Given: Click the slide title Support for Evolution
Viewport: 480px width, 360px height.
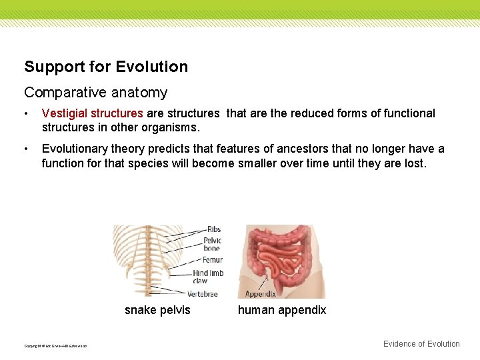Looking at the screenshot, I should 106,67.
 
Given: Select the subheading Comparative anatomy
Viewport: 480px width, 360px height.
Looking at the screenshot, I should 95,93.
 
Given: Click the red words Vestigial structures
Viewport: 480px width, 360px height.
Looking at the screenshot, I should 92,113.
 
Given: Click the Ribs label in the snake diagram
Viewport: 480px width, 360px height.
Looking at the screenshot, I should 213,230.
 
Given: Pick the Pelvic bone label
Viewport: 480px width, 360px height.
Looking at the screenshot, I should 212,244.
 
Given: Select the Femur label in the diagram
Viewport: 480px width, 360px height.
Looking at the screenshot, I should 212,260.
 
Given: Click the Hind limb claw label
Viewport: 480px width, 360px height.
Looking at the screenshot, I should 208,277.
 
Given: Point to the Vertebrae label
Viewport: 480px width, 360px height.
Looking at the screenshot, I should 203,293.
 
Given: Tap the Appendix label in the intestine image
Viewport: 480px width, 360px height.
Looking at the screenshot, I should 261,293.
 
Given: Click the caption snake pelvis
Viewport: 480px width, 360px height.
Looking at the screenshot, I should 157,310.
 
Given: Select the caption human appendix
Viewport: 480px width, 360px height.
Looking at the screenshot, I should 282,310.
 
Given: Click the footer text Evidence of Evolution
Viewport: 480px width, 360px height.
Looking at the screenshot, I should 421,344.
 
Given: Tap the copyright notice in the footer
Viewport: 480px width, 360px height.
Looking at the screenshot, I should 55,345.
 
